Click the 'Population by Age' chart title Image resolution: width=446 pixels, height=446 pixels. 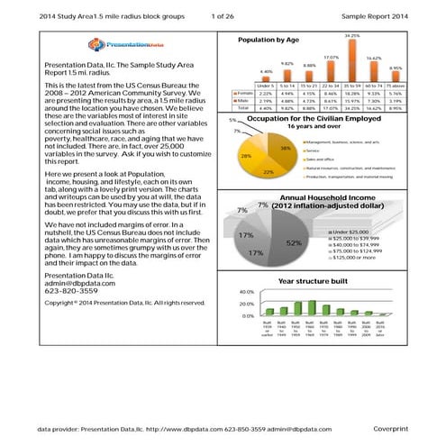269,41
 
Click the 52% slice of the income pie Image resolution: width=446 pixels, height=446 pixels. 290,242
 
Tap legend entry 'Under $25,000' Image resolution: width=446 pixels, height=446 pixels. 355,232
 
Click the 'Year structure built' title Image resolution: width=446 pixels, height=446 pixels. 314,282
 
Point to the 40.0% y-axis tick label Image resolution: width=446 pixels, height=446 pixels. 245,292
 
